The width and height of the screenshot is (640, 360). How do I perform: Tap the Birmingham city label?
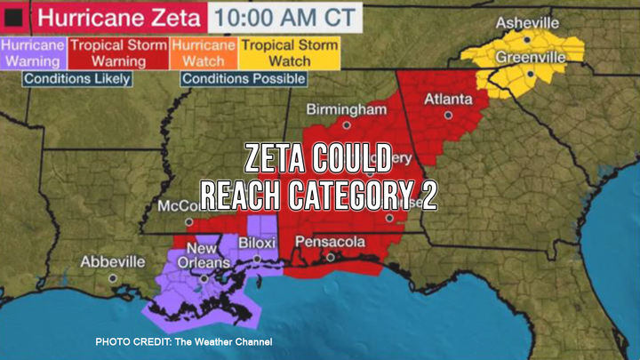click(x=347, y=109)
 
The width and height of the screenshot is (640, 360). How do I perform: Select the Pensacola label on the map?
click(x=330, y=241)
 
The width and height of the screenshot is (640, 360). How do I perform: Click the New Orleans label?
click(x=202, y=256)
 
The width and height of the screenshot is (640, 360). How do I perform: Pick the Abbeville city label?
click(x=113, y=262)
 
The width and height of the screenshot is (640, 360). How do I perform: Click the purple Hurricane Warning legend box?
click(x=31, y=53)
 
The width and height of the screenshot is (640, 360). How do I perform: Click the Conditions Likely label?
click(x=77, y=78)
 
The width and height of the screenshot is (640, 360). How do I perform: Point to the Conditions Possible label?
click(x=244, y=78)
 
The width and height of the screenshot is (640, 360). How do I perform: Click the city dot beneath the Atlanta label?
click(x=449, y=115)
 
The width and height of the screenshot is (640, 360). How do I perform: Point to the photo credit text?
click(x=183, y=342)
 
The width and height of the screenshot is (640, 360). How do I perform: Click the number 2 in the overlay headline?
click(x=428, y=195)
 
